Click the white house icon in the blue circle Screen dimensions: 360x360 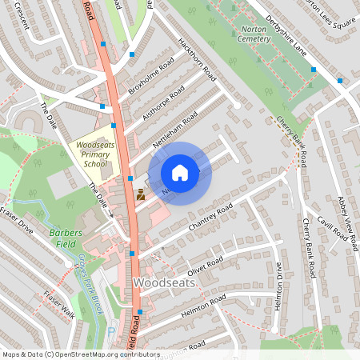(180, 173)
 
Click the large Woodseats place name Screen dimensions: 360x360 (163, 282)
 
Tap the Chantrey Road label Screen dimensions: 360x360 (210, 218)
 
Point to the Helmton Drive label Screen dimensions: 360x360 (278, 289)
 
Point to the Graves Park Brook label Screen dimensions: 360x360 (89, 276)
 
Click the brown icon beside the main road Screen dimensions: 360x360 (140, 194)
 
